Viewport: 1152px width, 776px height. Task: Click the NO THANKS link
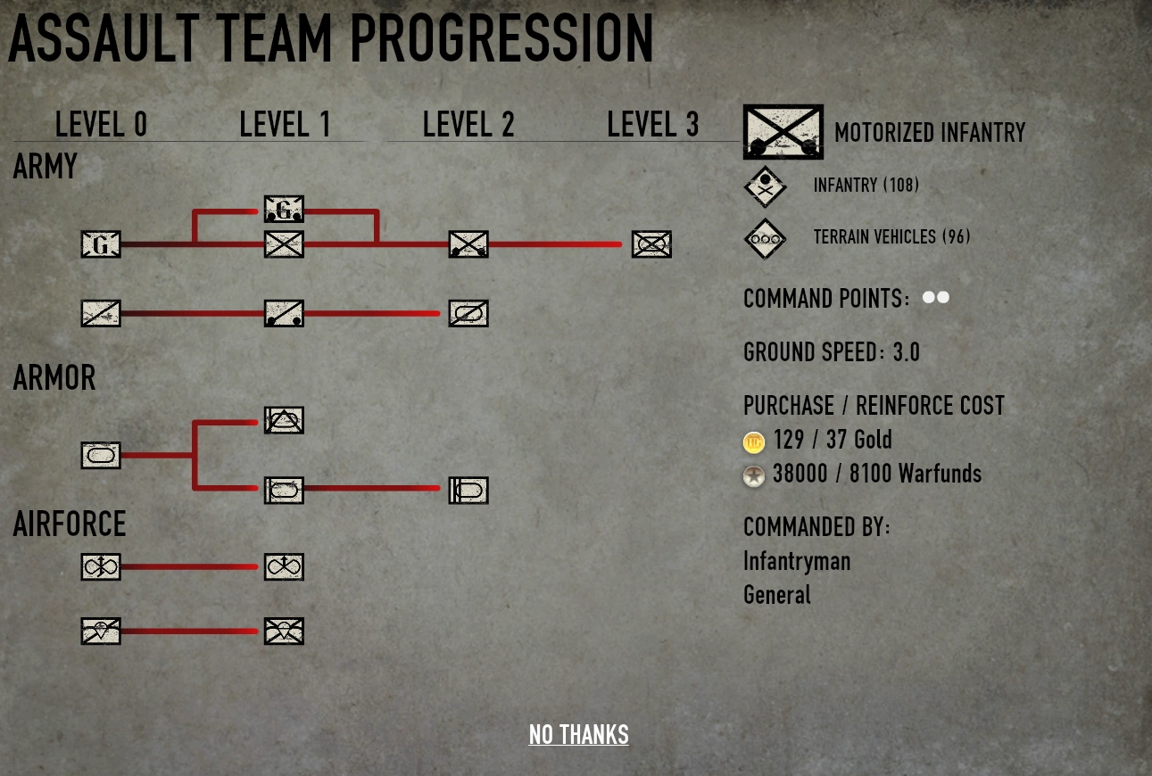point(578,734)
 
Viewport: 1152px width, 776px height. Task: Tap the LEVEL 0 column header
point(101,125)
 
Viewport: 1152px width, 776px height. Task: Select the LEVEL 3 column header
point(652,125)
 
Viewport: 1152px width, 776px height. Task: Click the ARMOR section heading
point(54,378)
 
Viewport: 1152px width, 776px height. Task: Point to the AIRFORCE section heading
point(70,524)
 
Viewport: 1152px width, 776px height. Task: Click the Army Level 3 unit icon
point(651,244)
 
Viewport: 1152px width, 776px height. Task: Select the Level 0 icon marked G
point(101,244)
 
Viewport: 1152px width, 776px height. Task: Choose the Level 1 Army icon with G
point(284,209)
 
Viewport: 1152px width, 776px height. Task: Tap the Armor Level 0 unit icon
point(101,455)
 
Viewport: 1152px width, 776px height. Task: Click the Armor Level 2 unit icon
point(468,490)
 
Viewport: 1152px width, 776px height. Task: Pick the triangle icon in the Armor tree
point(284,420)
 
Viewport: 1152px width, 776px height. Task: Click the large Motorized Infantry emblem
point(783,132)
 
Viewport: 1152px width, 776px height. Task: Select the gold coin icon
point(754,442)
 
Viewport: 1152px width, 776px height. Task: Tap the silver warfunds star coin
point(754,476)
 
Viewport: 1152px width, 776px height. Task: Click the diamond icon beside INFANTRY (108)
point(766,186)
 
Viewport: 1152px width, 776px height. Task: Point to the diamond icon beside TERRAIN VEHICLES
point(766,238)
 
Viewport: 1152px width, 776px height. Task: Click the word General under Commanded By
point(777,595)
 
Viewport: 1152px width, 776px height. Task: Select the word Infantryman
point(797,561)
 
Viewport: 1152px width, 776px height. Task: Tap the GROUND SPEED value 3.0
point(906,352)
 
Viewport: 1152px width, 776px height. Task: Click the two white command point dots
point(935,297)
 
